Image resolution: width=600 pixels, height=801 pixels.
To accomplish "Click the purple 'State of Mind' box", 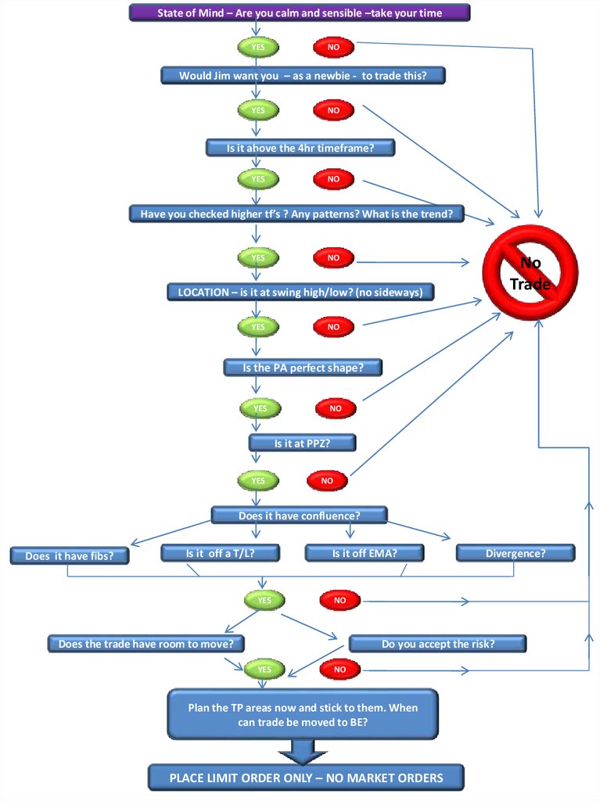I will pos(300,13).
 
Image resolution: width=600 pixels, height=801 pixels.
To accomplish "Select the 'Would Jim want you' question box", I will pos(304,76).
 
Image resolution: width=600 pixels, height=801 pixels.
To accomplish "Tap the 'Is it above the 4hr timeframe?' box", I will pos(300,147).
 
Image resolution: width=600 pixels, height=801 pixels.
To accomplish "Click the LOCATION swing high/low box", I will pos(300,292).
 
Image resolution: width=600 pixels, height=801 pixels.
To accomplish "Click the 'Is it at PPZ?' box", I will pos(302,443).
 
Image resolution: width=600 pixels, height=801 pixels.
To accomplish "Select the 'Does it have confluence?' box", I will pos(299,515).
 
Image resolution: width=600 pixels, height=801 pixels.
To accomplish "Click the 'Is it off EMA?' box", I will pos(364,553).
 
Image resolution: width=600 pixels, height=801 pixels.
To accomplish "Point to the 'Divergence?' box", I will pos(515,553).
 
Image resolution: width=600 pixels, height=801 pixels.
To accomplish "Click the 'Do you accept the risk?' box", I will pos(437,644).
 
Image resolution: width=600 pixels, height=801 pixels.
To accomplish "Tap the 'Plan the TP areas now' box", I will pos(303,714).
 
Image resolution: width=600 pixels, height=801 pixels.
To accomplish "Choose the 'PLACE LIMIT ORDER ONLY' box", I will pos(306,778).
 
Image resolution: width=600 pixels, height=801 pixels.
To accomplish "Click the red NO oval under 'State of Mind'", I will pos(333,47).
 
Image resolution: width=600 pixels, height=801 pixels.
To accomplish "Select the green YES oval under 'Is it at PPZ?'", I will pos(258,480).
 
